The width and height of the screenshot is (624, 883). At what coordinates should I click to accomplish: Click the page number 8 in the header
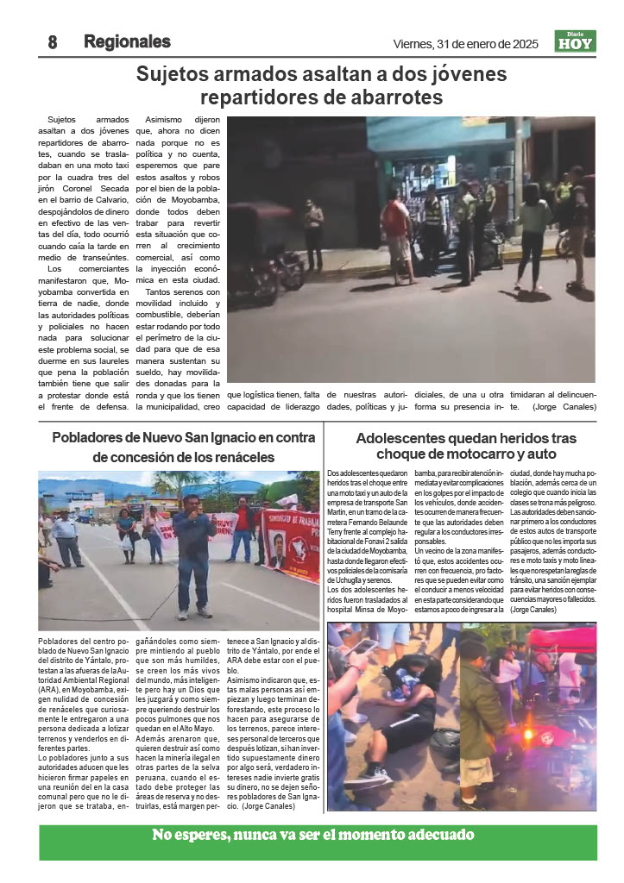53,42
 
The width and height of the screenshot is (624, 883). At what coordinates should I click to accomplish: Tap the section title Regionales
127,41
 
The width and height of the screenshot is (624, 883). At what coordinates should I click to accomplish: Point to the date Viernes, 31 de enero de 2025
465,44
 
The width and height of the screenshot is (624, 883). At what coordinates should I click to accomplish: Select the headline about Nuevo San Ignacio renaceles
180,448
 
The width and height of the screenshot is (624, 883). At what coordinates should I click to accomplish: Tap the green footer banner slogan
313,835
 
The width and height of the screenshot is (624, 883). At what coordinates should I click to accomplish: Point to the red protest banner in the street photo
291,544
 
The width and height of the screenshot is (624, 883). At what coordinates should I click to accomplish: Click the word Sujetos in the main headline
173,75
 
